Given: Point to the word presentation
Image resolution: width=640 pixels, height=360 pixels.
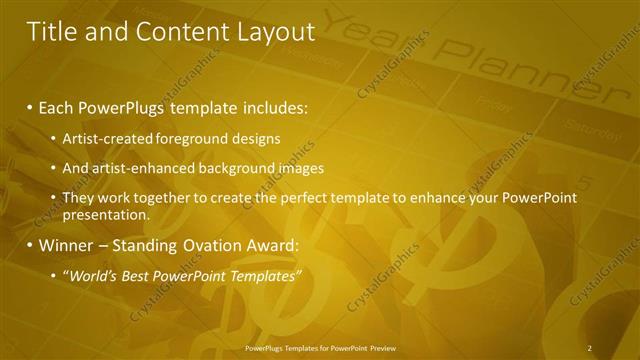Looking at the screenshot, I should tap(105, 215).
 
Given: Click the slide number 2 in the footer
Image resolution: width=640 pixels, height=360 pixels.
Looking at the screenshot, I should tap(590, 348).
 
